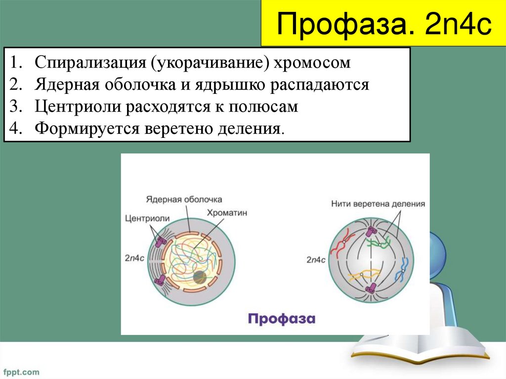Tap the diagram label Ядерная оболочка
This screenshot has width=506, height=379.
[184, 200]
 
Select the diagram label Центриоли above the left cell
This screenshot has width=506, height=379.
[147, 218]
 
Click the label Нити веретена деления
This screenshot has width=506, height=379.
[378, 204]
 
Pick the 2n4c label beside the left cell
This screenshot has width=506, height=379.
[134, 257]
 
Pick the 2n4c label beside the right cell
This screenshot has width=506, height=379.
[316, 259]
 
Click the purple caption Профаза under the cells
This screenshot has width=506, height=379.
[281, 319]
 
